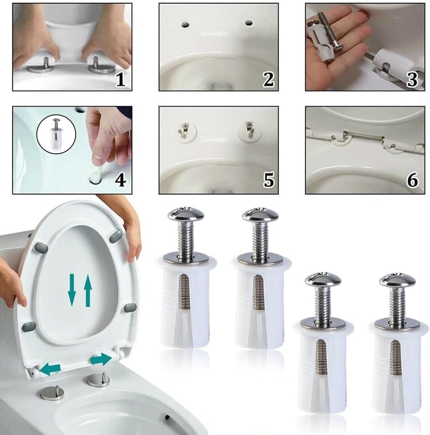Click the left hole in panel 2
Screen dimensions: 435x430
pos(186,25)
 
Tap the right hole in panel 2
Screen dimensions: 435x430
pos(249,23)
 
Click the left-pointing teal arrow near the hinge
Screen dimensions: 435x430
pos(50,367)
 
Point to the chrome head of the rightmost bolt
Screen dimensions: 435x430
pos(397,280)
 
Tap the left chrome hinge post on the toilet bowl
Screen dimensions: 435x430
pos(52,393)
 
